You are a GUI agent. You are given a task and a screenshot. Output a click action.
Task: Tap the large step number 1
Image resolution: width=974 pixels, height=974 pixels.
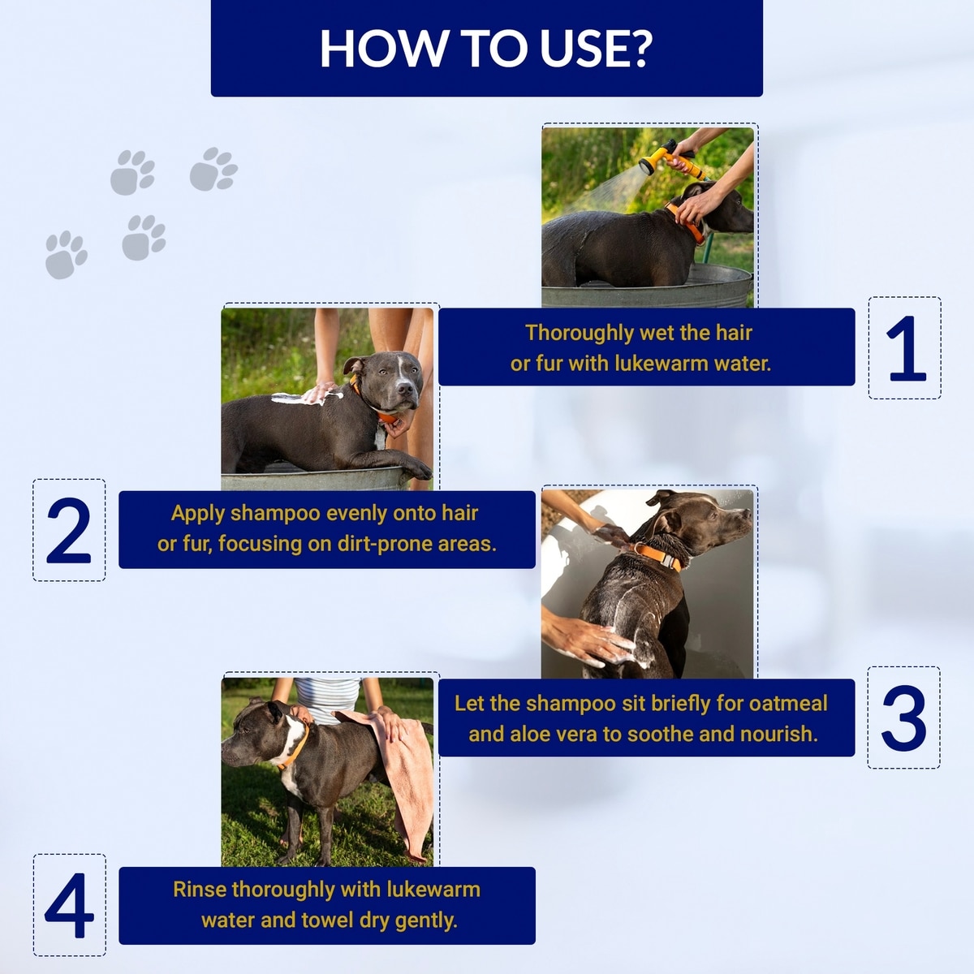pyautogui.click(x=907, y=348)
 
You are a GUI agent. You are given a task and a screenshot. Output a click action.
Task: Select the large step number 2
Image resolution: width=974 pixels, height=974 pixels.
pyautogui.click(x=69, y=530)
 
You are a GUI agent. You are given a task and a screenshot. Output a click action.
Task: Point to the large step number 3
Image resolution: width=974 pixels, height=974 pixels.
pyautogui.click(x=904, y=718)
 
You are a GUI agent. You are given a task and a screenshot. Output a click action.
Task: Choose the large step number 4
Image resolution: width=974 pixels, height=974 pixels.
pyautogui.click(x=69, y=905)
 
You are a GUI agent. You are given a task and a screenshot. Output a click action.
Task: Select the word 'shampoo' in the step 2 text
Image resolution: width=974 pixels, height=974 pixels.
pyautogui.click(x=275, y=514)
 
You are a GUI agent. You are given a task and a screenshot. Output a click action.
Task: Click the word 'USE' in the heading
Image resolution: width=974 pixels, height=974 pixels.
pyautogui.click(x=581, y=49)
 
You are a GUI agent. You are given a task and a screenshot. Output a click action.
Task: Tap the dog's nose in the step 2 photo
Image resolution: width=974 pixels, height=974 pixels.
pyautogui.click(x=405, y=389)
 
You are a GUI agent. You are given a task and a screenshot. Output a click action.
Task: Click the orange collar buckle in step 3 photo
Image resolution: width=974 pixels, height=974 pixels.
pyautogui.click(x=670, y=561)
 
